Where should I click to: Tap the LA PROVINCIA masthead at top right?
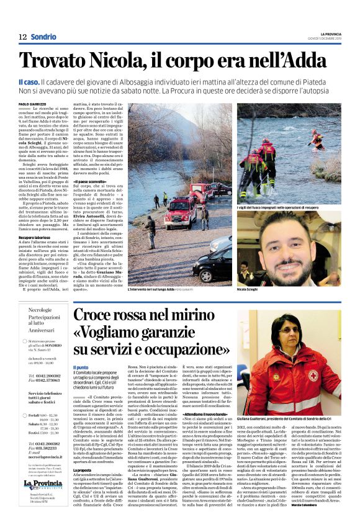(x=335, y=33)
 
